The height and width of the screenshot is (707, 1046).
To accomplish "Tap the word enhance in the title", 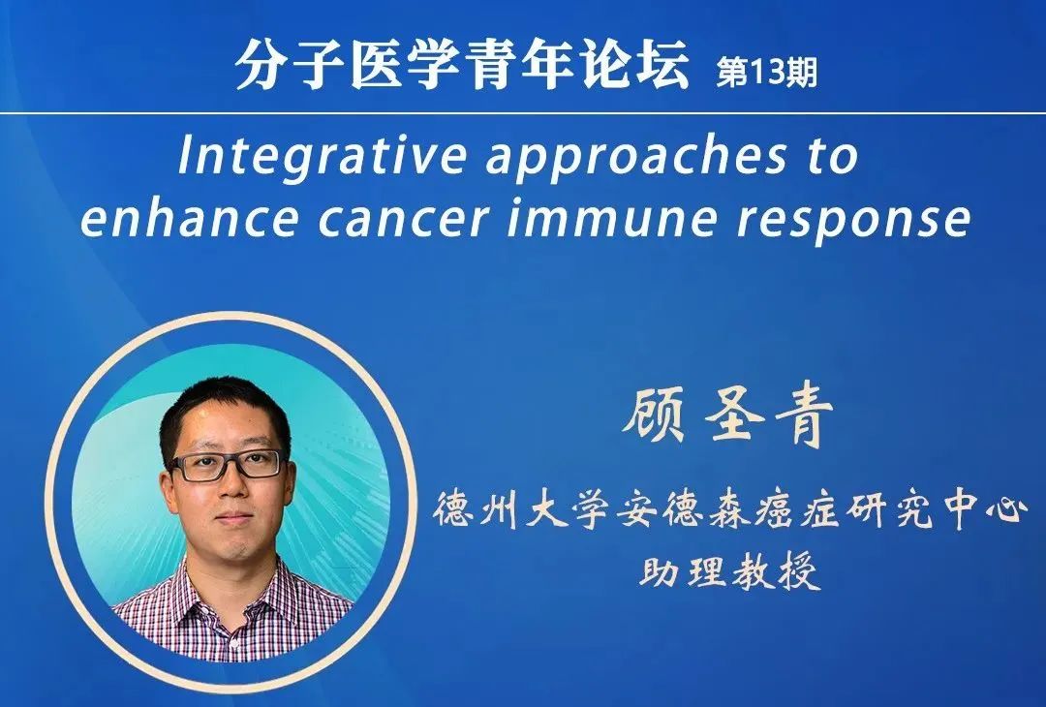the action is click(189, 218).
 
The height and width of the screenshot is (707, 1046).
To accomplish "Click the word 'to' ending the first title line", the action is click(832, 157).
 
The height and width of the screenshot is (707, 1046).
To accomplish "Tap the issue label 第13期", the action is click(766, 72).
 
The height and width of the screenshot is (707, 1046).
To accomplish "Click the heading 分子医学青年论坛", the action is click(462, 65).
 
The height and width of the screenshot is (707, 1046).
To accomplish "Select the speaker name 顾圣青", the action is click(728, 415).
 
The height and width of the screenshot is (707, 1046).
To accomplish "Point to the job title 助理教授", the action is click(730, 571).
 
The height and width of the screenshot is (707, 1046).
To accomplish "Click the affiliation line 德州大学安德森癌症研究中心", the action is click(730, 512).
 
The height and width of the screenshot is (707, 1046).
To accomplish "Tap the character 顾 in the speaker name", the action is click(655, 415).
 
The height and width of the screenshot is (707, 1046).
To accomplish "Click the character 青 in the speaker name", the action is click(805, 415).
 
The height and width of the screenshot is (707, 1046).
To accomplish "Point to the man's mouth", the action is click(234, 518).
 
